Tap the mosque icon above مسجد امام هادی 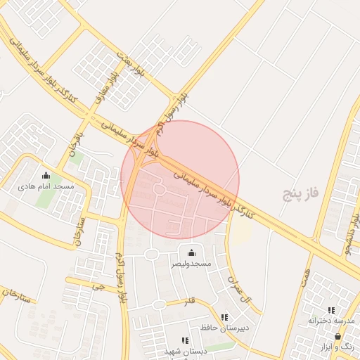click(46, 176)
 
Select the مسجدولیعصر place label click(191, 264)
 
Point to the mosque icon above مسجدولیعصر click(191, 252)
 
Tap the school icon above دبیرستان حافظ click(224, 318)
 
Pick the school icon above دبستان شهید click(185, 341)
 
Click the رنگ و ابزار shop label click(340, 347)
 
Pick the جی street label click(98, 286)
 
